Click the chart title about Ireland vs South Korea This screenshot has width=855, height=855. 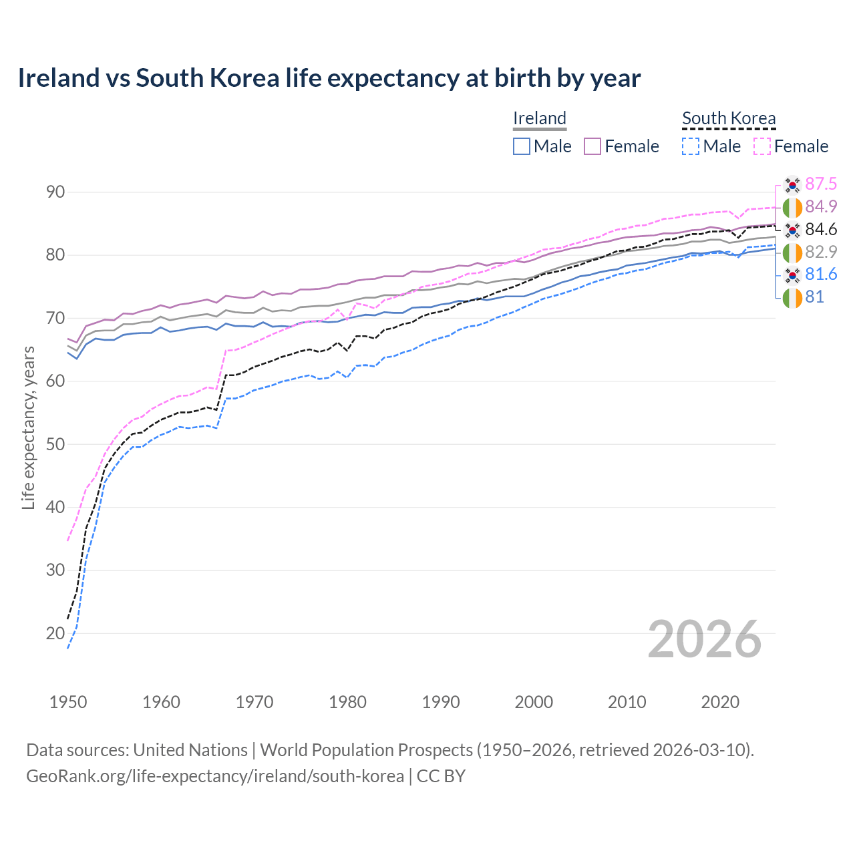[x=329, y=78]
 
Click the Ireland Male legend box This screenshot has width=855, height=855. [x=522, y=146]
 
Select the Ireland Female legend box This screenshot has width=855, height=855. [x=593, y=146]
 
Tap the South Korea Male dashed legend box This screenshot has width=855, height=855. [x=691, y=146]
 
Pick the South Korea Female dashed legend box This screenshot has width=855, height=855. [x=762, y=146]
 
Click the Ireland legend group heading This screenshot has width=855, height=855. [x=539, y=118]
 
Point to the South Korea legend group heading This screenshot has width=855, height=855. [x=729, y=118]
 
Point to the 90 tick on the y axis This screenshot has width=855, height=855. [x=55, y=192]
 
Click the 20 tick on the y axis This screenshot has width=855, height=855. [x=55, y=633]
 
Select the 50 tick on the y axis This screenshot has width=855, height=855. [x=55, y=444]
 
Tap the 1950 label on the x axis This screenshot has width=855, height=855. [x=68, y=702]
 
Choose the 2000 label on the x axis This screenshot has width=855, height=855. [x=534, y=702]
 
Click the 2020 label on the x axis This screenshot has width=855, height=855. [x=720, y=702]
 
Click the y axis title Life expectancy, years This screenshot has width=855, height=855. [x=28, y=427]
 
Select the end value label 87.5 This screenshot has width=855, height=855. [x=821, y=184]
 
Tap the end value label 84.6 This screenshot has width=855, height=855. [x=821, y=229]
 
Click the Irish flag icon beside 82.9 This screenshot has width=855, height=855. [x=792, y=252]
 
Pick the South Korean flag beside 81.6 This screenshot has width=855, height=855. [x=792, y=275]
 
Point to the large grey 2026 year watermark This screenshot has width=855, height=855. [x=704, y=639]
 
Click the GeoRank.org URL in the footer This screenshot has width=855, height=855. [x=214, y=776]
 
